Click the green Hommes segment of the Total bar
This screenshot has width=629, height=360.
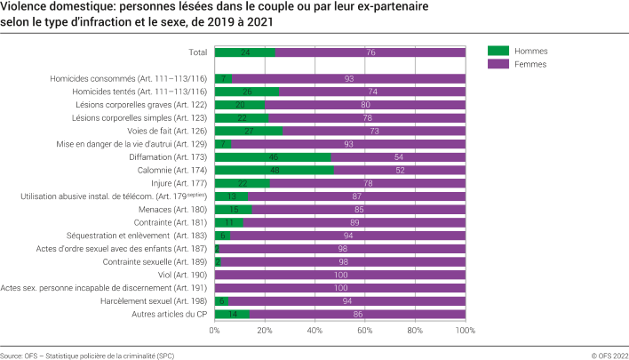coord(244,52)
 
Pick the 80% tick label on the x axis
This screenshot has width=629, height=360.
coord(415,330)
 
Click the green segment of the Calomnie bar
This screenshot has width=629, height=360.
coord(275,170)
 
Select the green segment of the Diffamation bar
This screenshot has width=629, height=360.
coord(272,156)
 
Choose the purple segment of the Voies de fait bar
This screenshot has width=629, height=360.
coord(374,131)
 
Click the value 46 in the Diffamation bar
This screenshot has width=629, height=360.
coord(273,156)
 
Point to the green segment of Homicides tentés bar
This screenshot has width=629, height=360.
coord(247,92)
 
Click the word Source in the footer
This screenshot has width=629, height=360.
coord(12,354)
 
